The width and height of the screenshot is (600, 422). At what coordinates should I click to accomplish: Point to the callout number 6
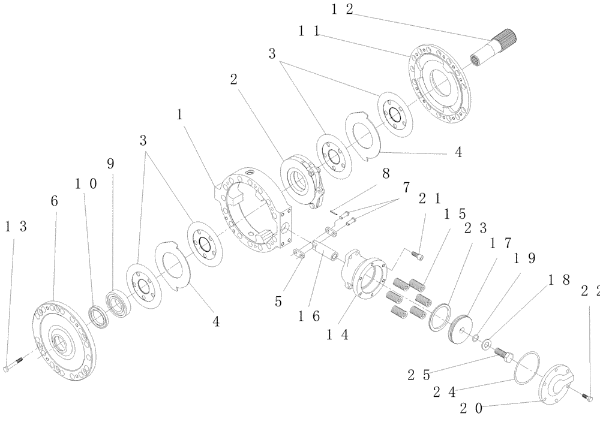(55, 203)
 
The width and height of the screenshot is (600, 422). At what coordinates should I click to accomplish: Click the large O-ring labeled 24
(527, 366)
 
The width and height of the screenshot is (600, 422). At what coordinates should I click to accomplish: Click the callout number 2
(233, 80)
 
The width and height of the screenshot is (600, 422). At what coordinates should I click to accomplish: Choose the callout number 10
(85, 183)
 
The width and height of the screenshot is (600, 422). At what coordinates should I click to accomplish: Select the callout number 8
(385, 173)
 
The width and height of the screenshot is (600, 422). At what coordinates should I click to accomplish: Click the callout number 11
(308, 31)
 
